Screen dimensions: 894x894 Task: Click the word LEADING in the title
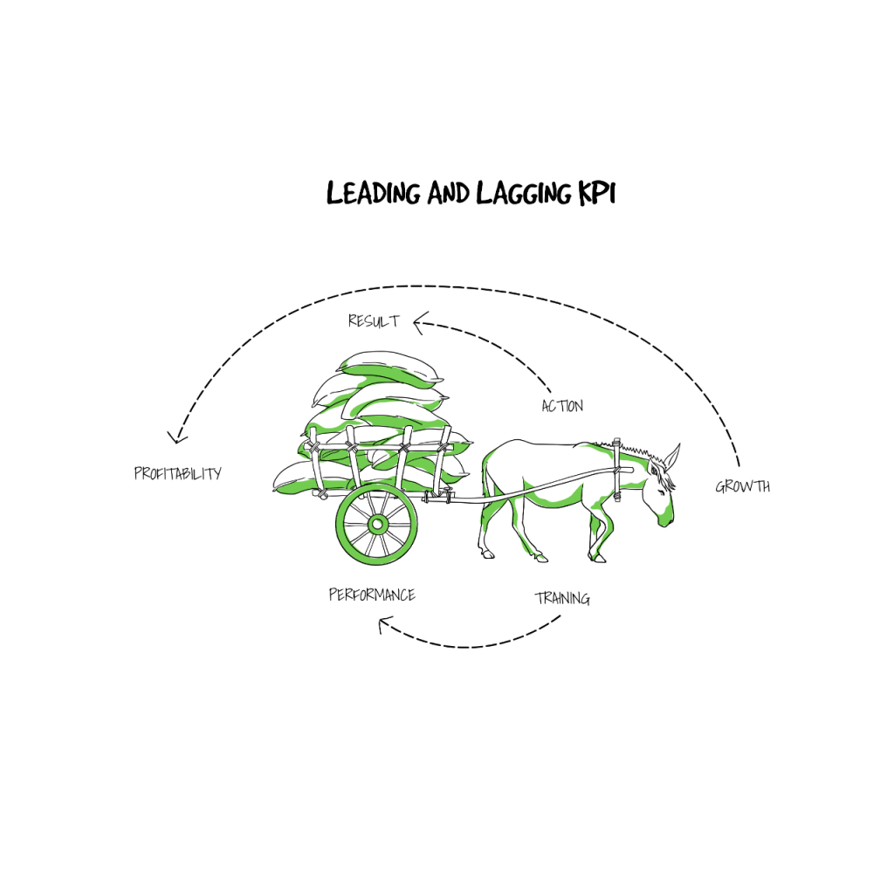(x=374, y=193)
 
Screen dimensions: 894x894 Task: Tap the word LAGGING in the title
(x=524, y=193)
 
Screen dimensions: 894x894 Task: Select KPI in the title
(x=597, y=193)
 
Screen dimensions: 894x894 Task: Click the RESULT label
(x=374, y=321)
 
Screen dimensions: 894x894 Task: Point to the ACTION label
(x=562, y=406)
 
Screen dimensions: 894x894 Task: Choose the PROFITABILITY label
(x=178, y=473)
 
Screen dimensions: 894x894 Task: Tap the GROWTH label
(x=743, y=486)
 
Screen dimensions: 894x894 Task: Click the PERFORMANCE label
(x=372, y=595)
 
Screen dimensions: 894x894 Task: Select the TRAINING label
(x=562, y=598)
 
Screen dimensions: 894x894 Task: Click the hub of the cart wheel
(x=377, y=524)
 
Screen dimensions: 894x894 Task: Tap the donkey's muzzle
(x=666, y=519)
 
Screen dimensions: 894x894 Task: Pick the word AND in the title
(x=448, y=193)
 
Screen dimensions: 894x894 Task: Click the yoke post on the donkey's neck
(x=617, y=469)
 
